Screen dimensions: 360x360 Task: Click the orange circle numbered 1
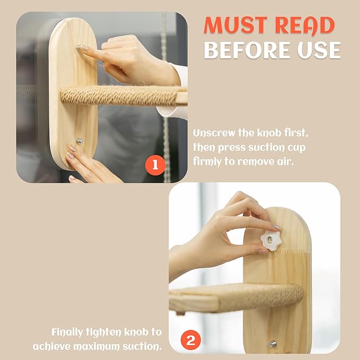pyautogui.click(x=155, y=165)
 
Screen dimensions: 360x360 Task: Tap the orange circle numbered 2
pyautogui.click(x=191, y=340)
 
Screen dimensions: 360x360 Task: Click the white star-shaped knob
pyautogui.click(x=271, y=241)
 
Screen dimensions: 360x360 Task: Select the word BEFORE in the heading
pyautogui.click(x=247, y=50)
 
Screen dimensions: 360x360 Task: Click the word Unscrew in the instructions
pyautogui.click(x=214, y=133)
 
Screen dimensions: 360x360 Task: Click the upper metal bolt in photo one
pyautogui.click(x=79, y=48)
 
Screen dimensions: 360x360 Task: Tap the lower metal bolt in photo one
pyautogui.click(x=80, y=141)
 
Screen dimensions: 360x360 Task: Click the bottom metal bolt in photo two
pyautogui.click(x=273, y=344)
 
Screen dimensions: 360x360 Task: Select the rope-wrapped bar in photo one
pyautogui.click(x=119, y=96)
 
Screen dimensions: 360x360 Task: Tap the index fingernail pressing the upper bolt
pyautogui.click(x=84, y=48)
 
